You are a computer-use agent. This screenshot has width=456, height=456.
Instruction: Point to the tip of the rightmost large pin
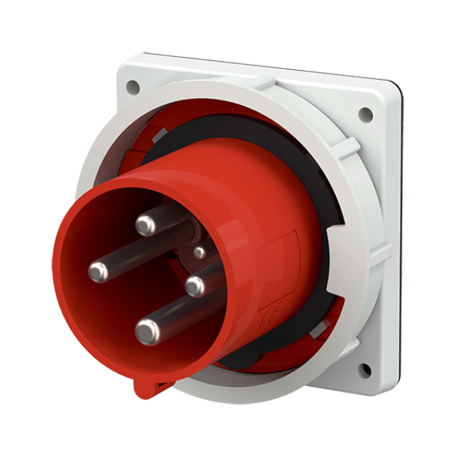click(x=195, y=286)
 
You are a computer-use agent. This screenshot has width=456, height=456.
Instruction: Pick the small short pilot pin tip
click(x=199, y=252)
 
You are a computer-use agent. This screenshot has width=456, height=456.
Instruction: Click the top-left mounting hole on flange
click(x=133, y=87)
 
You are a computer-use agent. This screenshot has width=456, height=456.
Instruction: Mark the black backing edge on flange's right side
click(x=397, y=228)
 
